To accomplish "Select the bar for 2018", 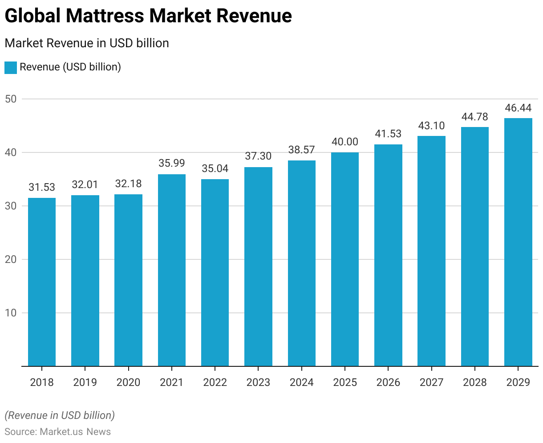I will point(42,282).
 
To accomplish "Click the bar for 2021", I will point(172,270).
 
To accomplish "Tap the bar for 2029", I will point(518,242).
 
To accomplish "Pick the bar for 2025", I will point(345,259).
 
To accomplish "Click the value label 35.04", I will point(215,168).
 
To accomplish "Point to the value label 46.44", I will point(518,108).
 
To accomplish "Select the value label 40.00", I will point(345,142).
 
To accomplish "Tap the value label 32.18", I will point(128,184).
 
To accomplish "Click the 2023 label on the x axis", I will point(258,382).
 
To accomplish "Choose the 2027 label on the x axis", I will point(431,382).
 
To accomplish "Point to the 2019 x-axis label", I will point(85,382).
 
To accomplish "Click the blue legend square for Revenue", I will point(10,67).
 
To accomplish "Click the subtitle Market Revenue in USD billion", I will point(87,43).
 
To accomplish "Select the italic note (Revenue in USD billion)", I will point(60,415).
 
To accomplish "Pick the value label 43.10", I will point(431,126).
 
